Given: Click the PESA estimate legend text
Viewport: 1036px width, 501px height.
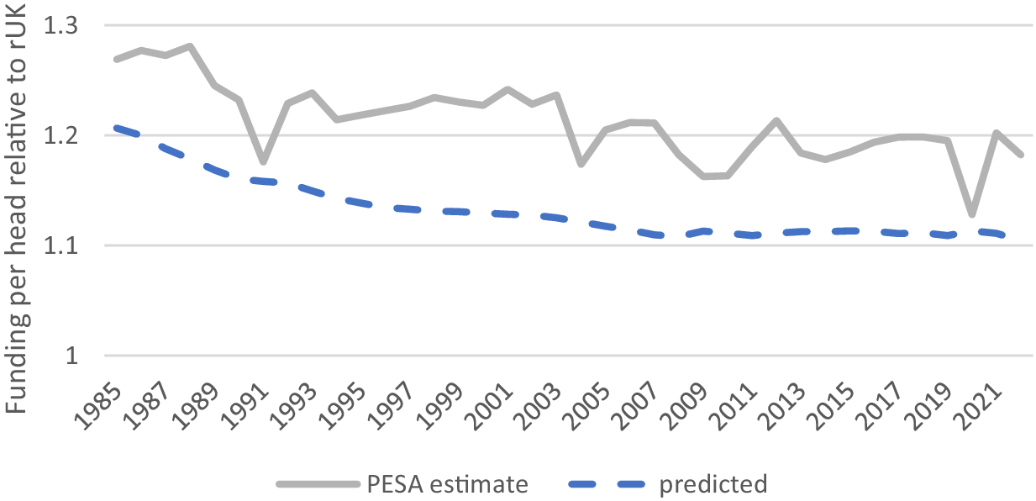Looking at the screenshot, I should click(x=447, y=484).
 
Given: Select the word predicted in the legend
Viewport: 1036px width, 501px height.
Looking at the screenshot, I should click(x=713, y=484).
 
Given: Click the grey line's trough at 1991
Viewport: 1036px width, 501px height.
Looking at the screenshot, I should click(x=263, y=161).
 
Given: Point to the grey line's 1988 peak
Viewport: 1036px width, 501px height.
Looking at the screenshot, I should click(x=191, y=46).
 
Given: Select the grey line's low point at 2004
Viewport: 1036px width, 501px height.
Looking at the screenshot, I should click(x=581, y=163).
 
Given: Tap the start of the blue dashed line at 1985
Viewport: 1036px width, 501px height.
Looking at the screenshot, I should click(x=117, y=128).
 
